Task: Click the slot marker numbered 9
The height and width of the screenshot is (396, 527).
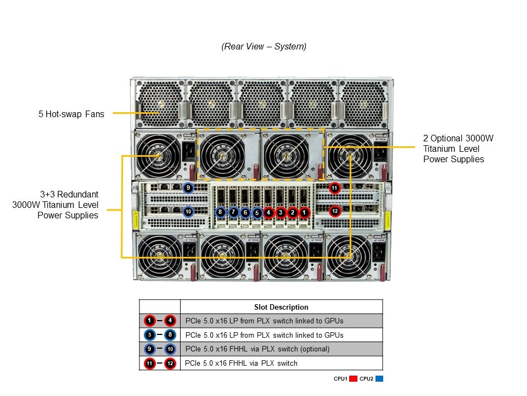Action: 188,188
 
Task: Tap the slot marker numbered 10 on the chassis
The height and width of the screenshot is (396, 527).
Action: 188,211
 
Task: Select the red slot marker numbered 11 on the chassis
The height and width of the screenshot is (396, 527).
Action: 335,188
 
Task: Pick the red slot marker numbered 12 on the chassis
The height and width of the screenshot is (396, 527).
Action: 335,211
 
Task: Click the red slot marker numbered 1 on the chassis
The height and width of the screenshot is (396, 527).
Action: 306,212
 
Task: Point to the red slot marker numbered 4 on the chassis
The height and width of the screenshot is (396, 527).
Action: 268,212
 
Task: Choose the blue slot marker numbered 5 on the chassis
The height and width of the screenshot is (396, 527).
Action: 257,212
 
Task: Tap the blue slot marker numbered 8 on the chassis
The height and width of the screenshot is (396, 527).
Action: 220,212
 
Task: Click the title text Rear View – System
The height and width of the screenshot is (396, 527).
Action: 263,47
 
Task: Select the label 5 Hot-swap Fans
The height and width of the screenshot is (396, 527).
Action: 71,114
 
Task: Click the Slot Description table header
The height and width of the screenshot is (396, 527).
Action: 281,307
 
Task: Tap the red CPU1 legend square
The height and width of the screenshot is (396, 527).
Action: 354,379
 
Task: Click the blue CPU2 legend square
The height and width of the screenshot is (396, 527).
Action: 379,379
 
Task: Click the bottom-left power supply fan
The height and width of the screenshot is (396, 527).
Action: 159,256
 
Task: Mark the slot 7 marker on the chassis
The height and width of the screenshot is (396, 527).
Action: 233,212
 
